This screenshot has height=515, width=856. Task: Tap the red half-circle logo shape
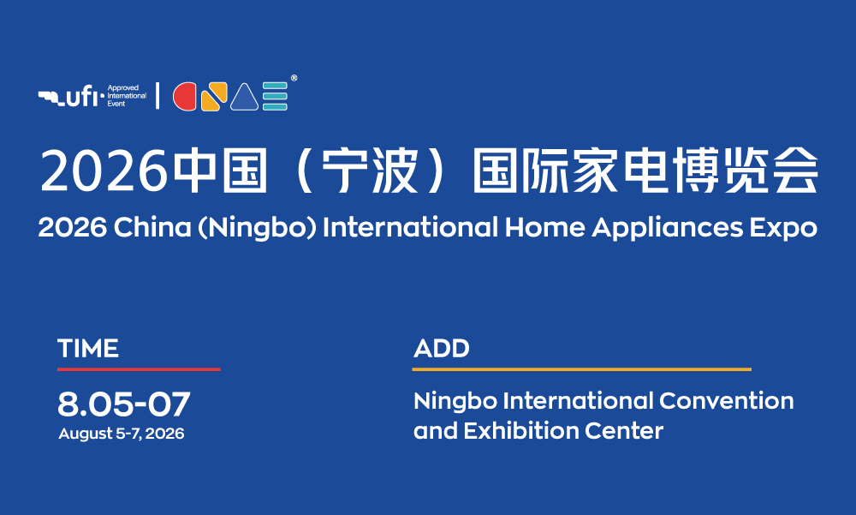[185, 97]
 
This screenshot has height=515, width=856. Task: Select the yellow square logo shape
[214, 97]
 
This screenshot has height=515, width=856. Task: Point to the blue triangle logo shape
[244, 98]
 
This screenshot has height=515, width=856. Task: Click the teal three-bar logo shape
[275, 97]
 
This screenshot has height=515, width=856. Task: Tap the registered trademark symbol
[294, 78]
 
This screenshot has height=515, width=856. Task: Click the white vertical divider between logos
[158, 96]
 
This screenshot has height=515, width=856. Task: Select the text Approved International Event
[127, 96]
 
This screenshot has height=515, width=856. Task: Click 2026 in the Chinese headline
[104, 171]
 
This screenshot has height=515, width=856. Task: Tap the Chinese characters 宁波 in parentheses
[370, 171]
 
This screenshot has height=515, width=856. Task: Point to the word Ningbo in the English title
[255, 228]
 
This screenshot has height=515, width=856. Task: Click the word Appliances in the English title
[668, 228]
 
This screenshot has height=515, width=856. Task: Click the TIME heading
[88, 349]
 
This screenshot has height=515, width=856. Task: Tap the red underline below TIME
[139, 369]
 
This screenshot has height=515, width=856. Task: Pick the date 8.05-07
[124, 404]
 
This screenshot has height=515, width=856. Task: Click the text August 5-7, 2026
[122, 434]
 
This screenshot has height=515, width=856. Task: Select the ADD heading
[442, 349]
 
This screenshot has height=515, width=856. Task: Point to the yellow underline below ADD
[582, 369]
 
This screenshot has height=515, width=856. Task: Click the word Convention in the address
[727, 401]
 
